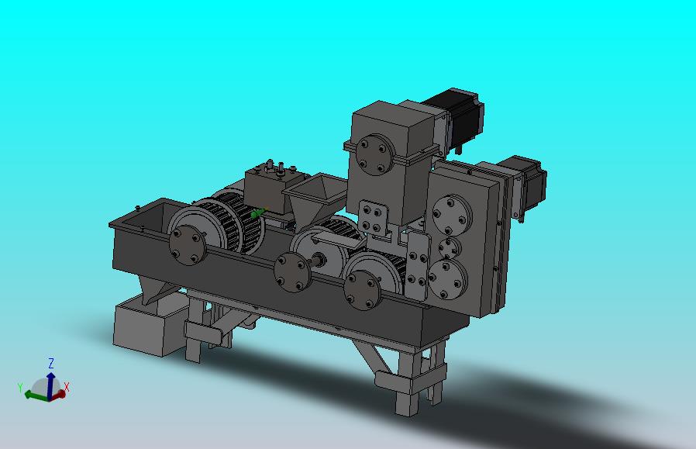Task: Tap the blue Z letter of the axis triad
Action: point(51,363)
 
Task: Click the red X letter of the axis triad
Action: point(67,387)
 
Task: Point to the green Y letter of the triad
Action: point(20,387)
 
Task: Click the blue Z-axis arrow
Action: point(50,385)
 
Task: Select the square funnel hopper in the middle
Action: point(313,199)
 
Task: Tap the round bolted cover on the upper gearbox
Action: point(374,154)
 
